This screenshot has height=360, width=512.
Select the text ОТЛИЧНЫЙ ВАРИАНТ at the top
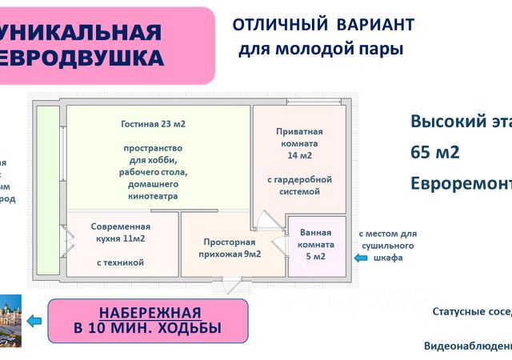tap(323, 24)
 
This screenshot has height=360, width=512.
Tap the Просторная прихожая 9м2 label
tap(229, 249)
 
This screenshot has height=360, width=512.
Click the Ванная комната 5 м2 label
tap(318, 244)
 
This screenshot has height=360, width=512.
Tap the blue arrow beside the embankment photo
tap(34, 321)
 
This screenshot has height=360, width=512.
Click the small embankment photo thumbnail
tap(10, 321)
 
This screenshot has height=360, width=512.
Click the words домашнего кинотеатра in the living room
tap(153, 190)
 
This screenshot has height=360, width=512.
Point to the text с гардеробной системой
tap(299, 186)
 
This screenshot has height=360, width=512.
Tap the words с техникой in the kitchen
tap(119, 262)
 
